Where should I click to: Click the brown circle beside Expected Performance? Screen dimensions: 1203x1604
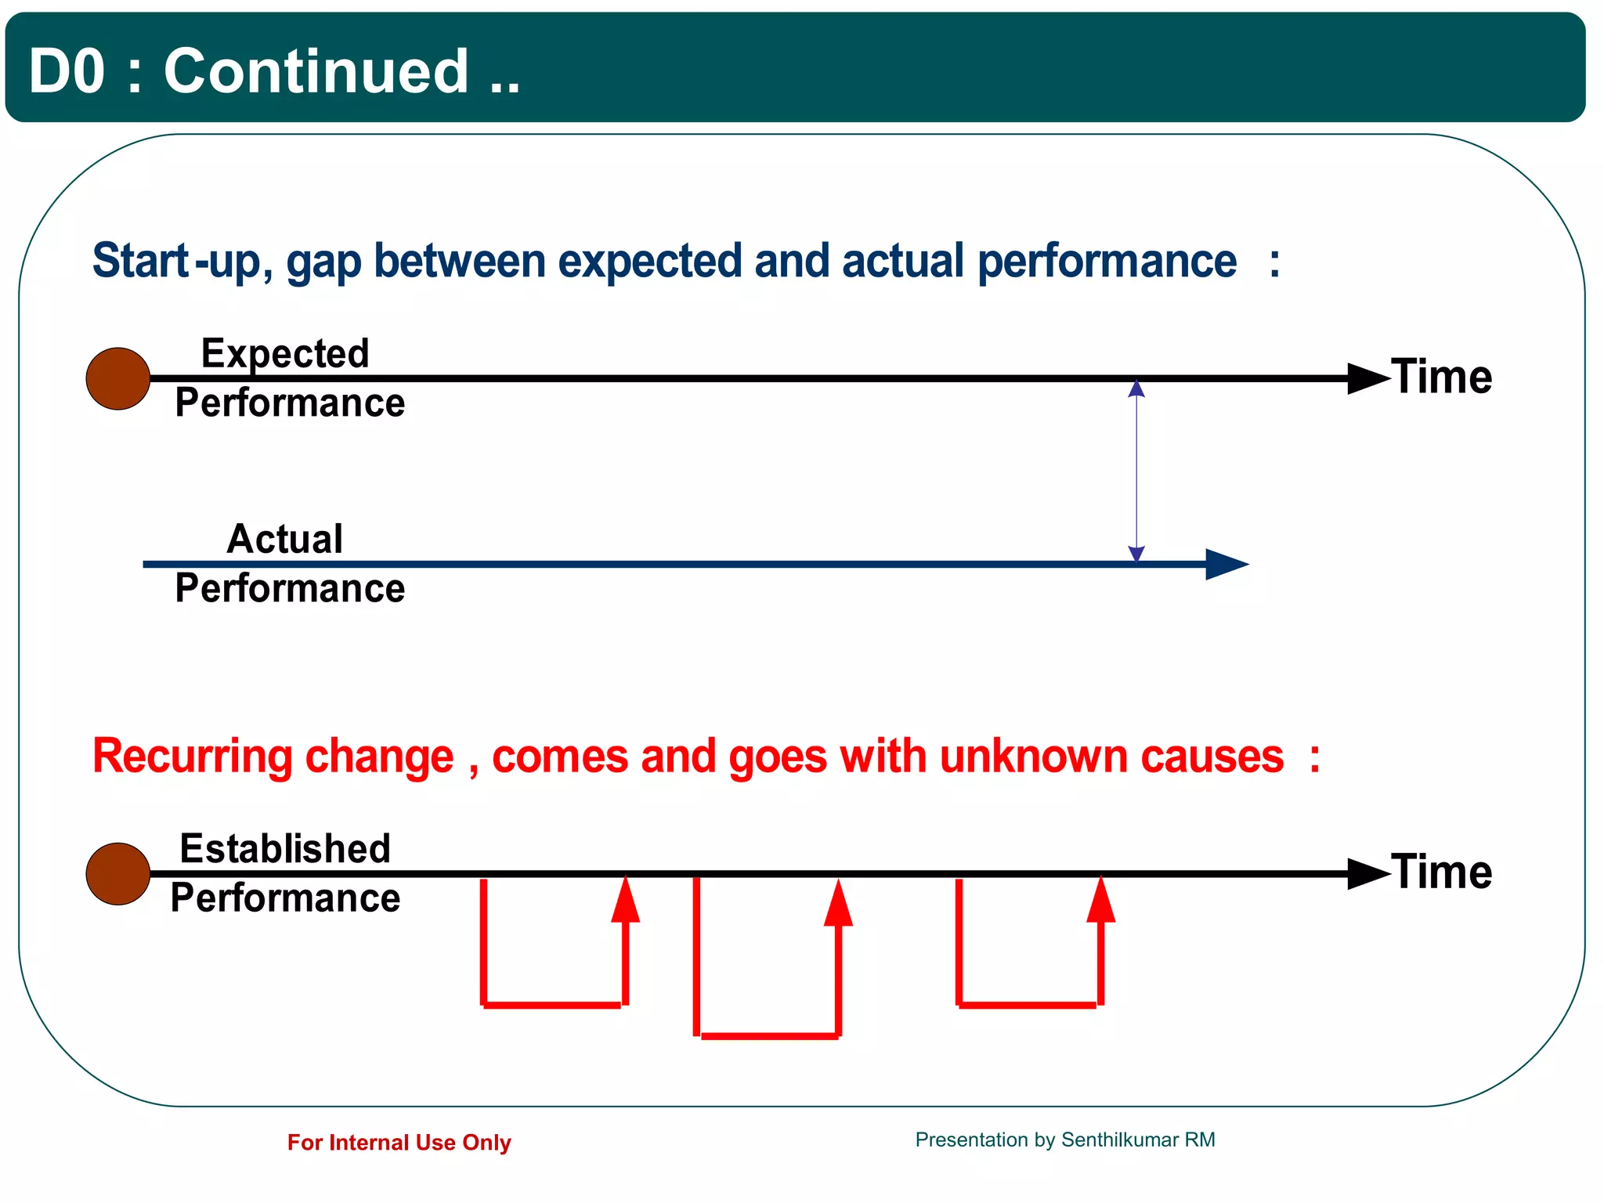pyautogui.click(x=117, y=379)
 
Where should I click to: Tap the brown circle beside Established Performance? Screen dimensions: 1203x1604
pyautogui.click(x=117, y=874)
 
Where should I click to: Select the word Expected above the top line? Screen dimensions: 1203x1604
pyautogui.click(x=285, y=354)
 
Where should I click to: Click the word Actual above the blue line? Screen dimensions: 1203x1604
pyautogui.click(x=285, y=540)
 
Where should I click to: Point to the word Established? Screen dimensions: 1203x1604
pyautogui.click(x=285, y=849)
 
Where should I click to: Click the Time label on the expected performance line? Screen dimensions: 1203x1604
pyautogui.click(x=1441, y=378)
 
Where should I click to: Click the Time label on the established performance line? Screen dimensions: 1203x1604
pyautogui.click(x=1441, y=872)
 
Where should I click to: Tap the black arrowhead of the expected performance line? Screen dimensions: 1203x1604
pyautogui.click(x=1367, y=378)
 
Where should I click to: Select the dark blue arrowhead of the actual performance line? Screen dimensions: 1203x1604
pyautogui.click(x=1224, y=564)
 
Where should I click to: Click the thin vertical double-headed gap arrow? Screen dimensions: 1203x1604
pyautogui.click(x=1136, y=470)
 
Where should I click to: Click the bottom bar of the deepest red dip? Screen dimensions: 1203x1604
pyautogui.click(x=769, y=1036)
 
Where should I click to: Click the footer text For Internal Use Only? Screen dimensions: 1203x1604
pyautogui.click(x=399, y=1143)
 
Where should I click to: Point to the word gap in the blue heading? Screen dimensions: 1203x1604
pyautogui.click(x=323, y=262)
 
